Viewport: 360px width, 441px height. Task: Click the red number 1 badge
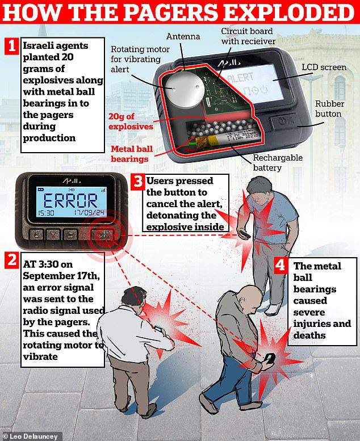point(11,46)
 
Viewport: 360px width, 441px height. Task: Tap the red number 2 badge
point(11,260)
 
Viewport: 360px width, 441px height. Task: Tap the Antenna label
point(183,36)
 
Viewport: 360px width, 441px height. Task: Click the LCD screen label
point(324,67)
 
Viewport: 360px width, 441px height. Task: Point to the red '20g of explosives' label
point(131,121)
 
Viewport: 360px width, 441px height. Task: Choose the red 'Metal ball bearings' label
point(131,154)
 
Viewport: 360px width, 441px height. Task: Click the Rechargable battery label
point(278,162)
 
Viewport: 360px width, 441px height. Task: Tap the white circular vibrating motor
point(184,89)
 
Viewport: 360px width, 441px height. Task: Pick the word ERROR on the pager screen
point(70,200)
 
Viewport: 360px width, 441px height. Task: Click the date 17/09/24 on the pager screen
point(89,212)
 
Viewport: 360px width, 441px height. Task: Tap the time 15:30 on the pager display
point(46,213)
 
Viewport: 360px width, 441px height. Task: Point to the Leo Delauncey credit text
point(31,436)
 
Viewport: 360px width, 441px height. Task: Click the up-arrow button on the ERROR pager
point(36,234)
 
